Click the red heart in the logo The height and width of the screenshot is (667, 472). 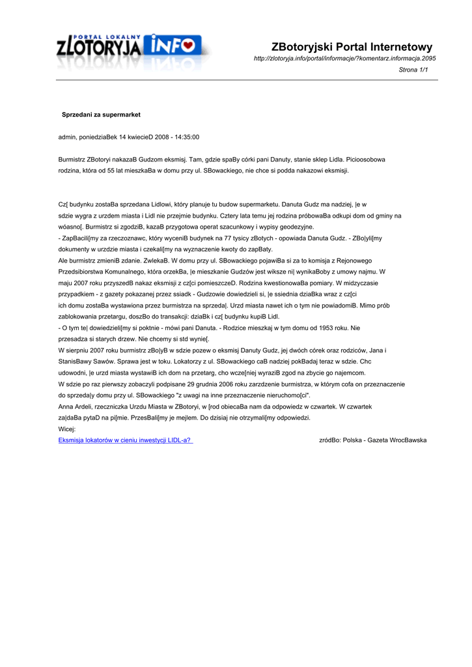click(188, 45)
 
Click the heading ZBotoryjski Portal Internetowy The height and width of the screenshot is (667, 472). click(352, 47)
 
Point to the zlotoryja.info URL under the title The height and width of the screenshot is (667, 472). click(344, 59)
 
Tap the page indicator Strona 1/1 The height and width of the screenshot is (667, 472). click(413, 70)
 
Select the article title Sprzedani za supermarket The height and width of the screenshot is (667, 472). click(101, 115)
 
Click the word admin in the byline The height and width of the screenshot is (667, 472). click(67, 137)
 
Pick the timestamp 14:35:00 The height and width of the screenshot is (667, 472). click(186, 137)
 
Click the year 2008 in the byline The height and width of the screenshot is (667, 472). click(161, 137)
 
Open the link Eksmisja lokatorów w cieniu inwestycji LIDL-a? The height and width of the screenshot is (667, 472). click(125, 440)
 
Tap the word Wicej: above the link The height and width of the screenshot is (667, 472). click(67, 429)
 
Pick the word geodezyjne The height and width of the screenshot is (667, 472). click(294, 227)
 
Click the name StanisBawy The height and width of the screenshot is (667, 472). click(76, 362)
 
